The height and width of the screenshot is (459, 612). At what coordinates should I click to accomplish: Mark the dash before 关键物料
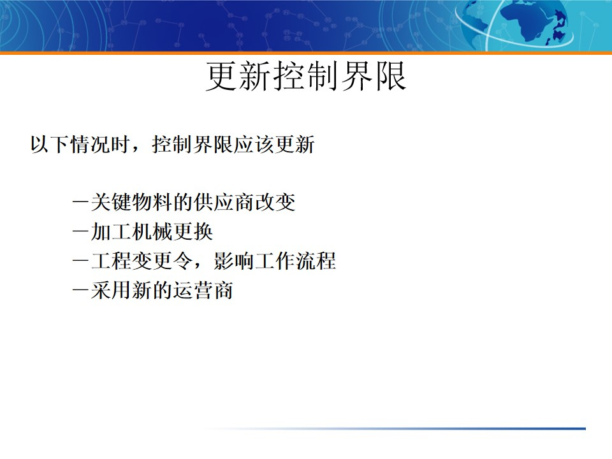point(81,203)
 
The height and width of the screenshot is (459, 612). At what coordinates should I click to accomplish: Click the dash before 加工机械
point(81,233)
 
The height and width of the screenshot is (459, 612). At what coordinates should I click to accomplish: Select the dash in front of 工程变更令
point(81,262)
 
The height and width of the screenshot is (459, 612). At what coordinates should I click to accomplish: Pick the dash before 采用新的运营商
point(81,291)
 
